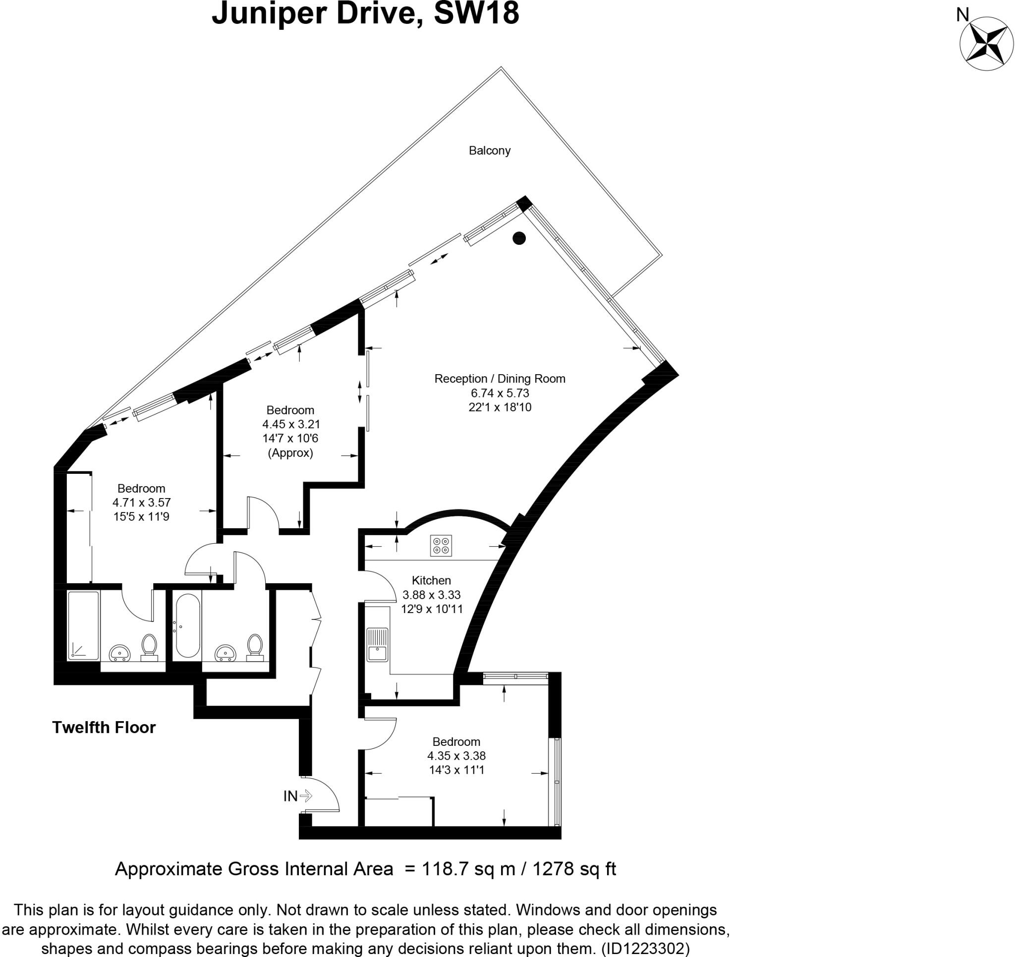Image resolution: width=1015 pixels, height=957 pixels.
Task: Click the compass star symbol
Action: pos(986,44)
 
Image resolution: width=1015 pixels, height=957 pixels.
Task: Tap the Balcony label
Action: pos(489,151)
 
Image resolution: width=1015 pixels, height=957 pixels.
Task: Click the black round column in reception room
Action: pos(519,238)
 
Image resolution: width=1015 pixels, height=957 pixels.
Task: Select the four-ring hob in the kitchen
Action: pos(441,545)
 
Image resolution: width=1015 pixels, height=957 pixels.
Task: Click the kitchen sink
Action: pos(377,644)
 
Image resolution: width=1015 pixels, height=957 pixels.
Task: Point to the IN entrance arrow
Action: pos(306,795)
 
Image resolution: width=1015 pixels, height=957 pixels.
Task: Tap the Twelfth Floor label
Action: pos(104,727)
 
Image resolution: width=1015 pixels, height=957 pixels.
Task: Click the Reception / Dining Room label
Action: pos(500,379)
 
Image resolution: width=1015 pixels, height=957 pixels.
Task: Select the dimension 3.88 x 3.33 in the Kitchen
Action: pos(432,594)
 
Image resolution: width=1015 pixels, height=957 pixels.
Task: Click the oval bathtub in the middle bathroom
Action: pos(187,625)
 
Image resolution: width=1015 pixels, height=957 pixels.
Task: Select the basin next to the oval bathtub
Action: pos(225,652)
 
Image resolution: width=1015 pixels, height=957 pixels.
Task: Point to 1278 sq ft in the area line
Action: pos(574,868)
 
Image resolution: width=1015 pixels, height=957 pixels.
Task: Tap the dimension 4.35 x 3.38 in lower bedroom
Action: pos(456,755)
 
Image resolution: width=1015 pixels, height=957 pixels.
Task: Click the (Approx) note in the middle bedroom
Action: pos(290,452)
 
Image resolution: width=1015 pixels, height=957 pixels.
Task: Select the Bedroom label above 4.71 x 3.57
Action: pos(141,488)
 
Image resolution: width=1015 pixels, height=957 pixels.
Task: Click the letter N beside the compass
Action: pos(962,16)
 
